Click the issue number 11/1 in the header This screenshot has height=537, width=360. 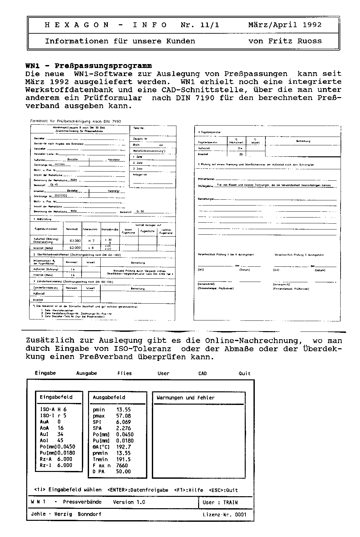[210, 25]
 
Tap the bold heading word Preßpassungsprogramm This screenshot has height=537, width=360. [103, 66]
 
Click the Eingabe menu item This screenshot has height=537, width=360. [45, 373]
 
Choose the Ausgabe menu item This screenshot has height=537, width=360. [86, 373]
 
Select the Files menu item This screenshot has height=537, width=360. [125, 373]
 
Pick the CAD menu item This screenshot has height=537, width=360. [202, 373]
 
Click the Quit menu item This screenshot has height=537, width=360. [244, 373]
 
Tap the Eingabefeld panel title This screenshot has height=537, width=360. [56, 397]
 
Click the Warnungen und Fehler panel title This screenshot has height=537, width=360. [186, 397]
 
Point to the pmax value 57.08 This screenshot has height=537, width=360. [123, 416]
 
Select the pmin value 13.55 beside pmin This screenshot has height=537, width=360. [123, 409]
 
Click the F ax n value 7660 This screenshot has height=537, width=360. [122, 465]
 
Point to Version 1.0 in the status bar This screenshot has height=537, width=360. [129, 502]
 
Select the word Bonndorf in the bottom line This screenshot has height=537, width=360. [89, 514]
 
